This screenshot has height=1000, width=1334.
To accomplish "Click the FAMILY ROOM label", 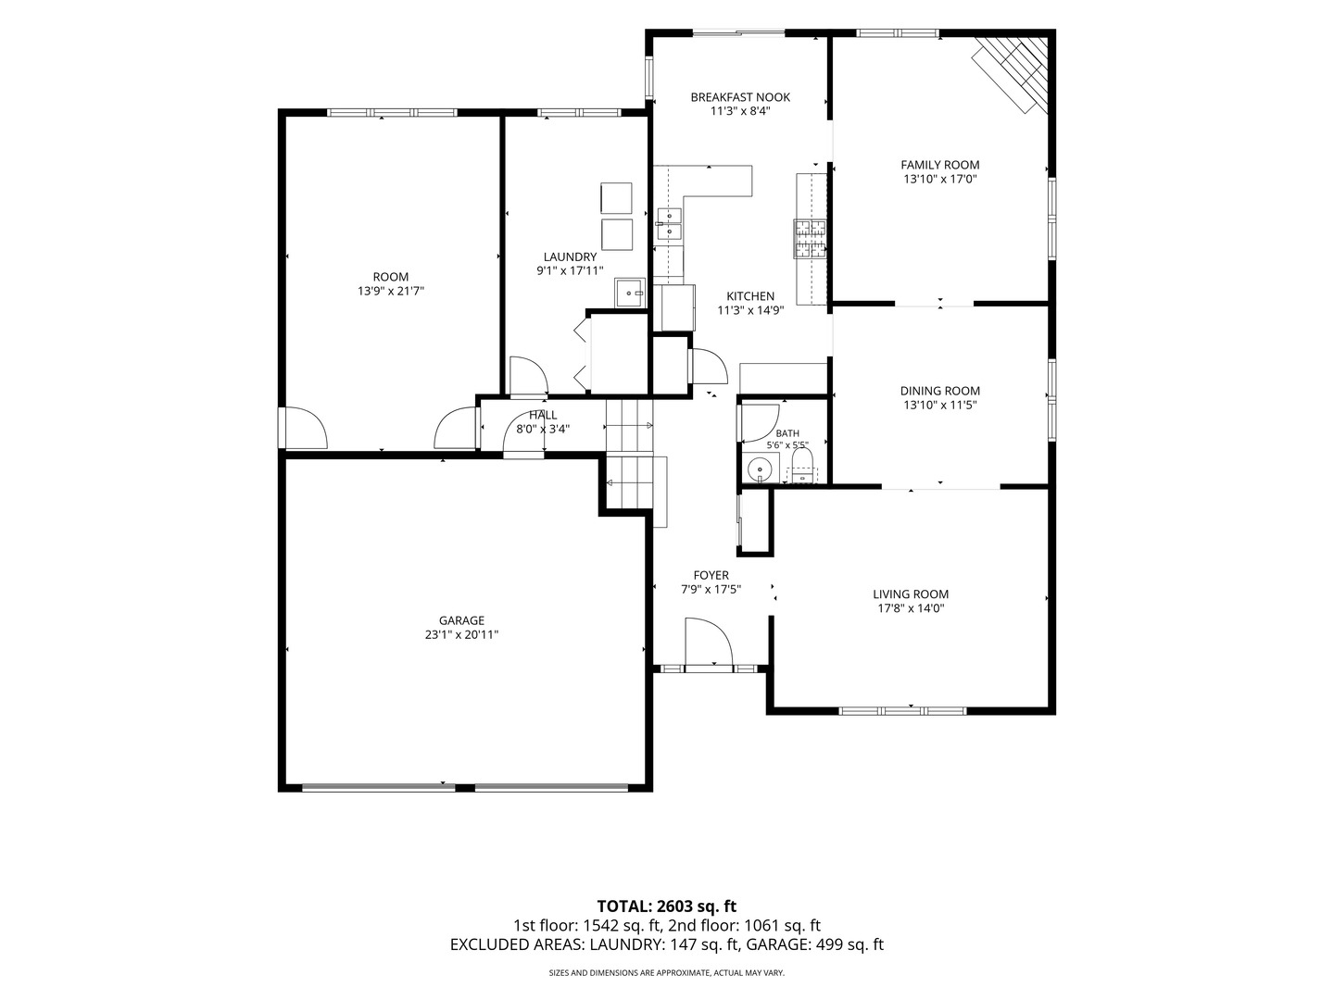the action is click(x=939, y=165).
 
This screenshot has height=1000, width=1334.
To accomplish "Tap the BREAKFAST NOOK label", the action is click(x=740, y=97).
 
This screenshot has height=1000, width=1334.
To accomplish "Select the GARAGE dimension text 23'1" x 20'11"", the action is click(x=461, y=634).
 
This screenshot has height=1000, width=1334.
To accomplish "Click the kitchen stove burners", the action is click(x=810, y=239).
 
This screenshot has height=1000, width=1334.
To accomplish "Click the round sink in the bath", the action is click(x=760, y=469).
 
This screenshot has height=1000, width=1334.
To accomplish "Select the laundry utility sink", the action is click(x=630, y=293).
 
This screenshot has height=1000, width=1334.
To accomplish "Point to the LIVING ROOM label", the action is click(x=911, y=594).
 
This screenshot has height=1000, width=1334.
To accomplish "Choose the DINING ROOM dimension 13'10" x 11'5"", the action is click(x=940, y=405).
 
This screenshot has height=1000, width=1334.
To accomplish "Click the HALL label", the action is click(x=543, y=416).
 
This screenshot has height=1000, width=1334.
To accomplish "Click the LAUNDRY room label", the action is click(x=570, y=256).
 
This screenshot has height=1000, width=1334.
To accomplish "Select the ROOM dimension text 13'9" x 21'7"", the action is click(x=391, y=291).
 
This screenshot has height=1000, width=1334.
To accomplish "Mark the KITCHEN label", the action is click(x=750, y=296).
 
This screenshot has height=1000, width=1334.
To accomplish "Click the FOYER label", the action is click(x=711, y=575).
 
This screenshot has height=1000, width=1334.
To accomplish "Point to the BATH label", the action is click(x=787, y=433).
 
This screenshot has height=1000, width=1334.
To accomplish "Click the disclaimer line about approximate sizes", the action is click(x=667, y=972).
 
